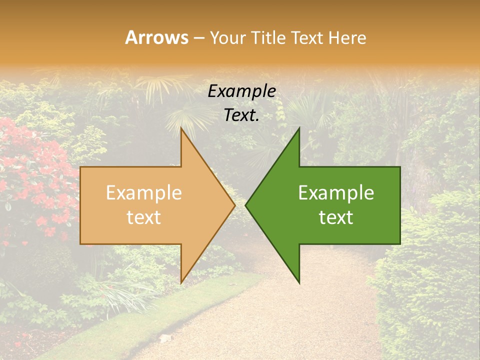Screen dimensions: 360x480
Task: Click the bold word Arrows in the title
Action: point(156,37)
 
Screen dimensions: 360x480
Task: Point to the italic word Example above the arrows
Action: point(241,91)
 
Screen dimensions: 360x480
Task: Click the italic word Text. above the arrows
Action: point(241,115)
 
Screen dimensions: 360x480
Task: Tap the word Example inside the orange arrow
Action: point(144,193)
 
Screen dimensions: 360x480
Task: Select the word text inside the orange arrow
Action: point(144,217)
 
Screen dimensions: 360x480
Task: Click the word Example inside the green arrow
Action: point(336,193)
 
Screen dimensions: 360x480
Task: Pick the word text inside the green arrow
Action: point(336,217)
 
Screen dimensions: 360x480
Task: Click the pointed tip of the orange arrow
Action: point(234,205)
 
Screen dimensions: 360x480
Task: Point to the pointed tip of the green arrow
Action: point(246,205)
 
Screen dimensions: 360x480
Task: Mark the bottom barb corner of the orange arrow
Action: point(181,282)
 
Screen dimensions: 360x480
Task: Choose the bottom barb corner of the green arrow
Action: point(299,283)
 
